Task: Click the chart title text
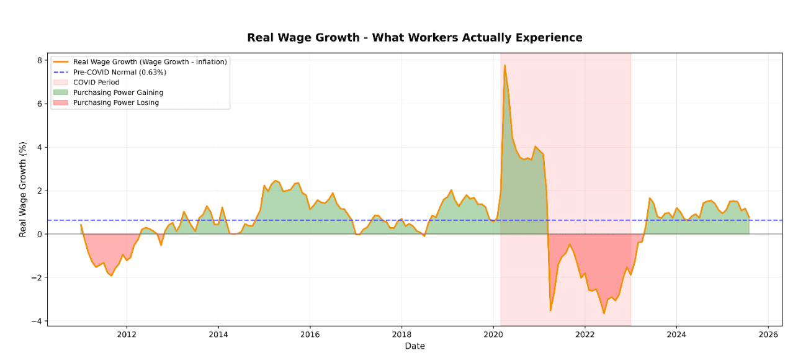pos(415,38)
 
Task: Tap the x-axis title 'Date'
pos(415,346)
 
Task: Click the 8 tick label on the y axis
pos(40,60)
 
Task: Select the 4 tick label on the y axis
pos(40,147)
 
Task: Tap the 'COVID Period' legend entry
pos(96,83)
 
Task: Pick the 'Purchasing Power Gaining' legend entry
pos(118,92)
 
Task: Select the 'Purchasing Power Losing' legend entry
pos(115,103)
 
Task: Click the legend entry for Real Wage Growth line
pos(150,61)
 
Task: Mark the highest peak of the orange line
pos(504,65)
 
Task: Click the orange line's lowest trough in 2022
pos(604,313)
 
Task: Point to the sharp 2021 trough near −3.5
pos(550,310)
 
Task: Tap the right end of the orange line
pos(749,218)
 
